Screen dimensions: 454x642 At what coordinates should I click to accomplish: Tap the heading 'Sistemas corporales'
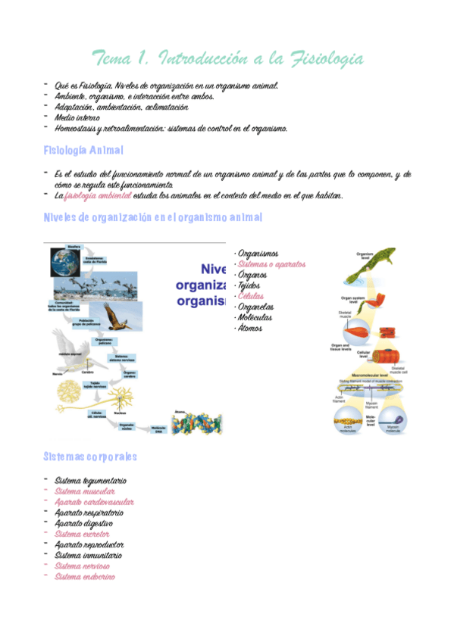click(90, 457)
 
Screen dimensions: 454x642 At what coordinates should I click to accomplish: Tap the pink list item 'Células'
click(251, 296)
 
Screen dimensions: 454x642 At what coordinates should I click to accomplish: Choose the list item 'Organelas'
click(255, 307)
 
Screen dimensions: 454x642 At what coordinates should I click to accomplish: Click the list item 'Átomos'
click(251, 328)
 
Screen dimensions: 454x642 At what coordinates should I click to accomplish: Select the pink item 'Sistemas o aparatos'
click(271, 264)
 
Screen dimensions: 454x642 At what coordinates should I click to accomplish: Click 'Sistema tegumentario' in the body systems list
click(90, 481)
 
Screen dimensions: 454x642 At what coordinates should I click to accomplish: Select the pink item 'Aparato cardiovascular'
click(95, 502)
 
